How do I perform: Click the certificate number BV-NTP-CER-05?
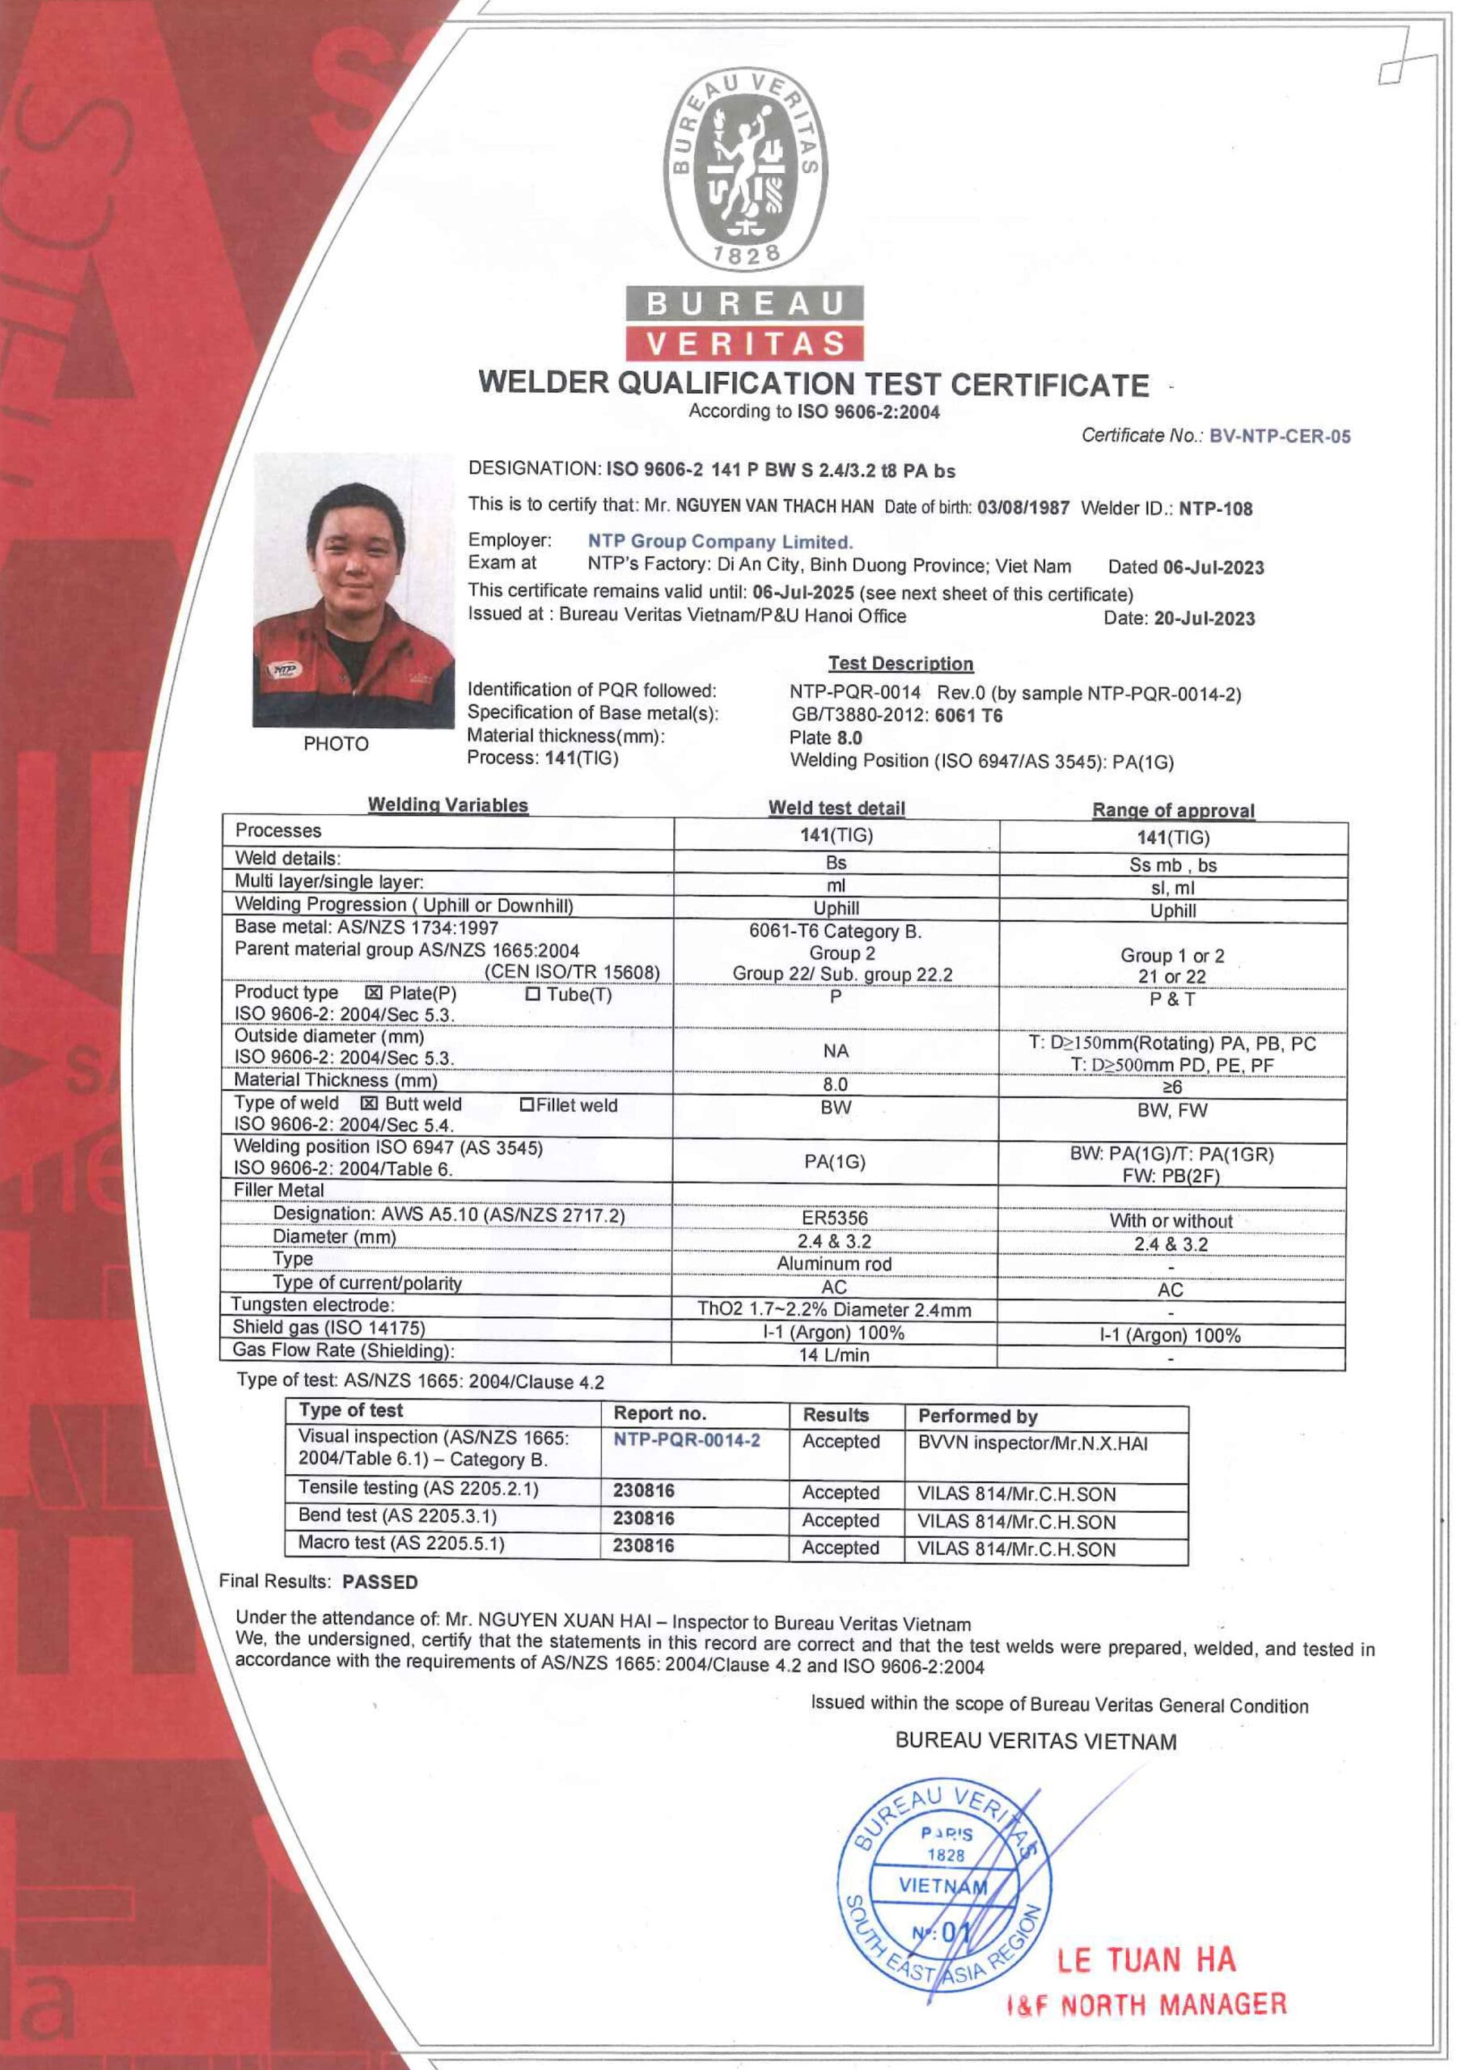pos(1279,437)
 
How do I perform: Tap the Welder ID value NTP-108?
pos(1215,509)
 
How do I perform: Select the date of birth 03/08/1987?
pos(1023,508)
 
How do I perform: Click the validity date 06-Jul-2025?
pos(802,594)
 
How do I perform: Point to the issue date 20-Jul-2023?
pos(1204,619)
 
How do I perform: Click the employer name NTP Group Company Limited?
pos(720,542)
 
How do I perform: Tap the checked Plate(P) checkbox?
pos(374,994)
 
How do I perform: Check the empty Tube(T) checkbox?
pos(532,994)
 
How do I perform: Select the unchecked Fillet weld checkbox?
pos(527,1105)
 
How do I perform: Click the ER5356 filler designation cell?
pos(834,1218)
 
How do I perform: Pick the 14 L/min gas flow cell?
pos(834,1354)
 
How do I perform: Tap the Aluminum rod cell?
pos(834,1264)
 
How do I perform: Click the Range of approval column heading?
pos(1172,810)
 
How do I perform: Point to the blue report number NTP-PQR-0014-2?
pos(686,1440)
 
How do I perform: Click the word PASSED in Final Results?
pos(379,1582)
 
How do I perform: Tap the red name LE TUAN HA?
pos(1146,1959)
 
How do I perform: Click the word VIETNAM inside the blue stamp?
pos(942,1885)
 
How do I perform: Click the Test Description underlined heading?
pos(900,664)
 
